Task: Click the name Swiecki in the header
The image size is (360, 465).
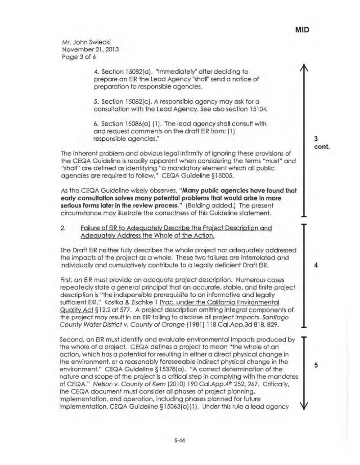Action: pos(95,41)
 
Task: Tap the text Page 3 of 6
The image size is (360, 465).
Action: pos(78,57)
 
